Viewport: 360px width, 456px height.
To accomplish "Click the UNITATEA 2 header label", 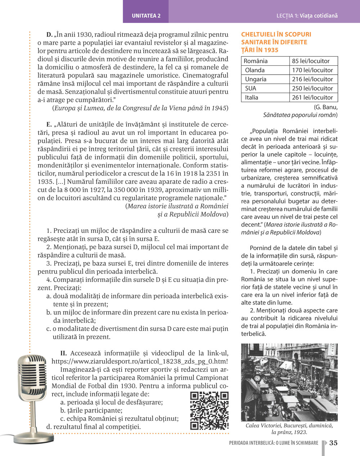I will (146, 16).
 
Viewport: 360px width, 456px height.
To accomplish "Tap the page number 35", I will (333, 443).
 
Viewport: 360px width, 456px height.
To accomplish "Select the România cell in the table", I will (256, 61).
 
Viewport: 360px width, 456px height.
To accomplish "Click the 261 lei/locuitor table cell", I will (312, 97).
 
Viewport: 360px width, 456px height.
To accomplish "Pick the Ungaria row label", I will (256, 79).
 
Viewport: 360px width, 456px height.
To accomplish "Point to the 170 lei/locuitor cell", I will (312, 70).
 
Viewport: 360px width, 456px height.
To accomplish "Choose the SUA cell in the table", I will (251, 88).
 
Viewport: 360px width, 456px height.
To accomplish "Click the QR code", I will (209, 411).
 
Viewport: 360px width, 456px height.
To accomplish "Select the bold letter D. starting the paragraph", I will (49, 35).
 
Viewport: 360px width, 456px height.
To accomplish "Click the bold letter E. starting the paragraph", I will (49, 125).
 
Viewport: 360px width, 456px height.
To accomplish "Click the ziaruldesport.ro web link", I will (140, 362).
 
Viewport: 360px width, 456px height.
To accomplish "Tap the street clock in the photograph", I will (258, 378).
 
